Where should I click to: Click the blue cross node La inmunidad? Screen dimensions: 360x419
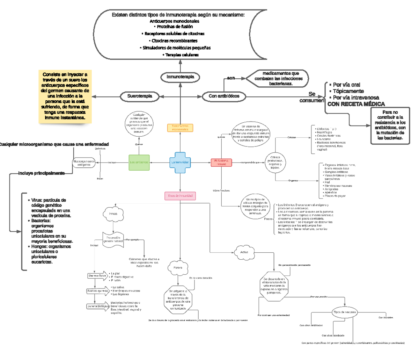(x=180, y=163)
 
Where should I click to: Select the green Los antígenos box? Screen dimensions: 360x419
(x=139, y=163)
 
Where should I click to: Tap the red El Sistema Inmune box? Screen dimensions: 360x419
(x=221, y=163)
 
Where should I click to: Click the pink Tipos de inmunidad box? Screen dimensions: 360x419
(x=180, y=196)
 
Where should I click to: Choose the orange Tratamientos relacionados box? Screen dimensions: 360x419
(x=180, y=128)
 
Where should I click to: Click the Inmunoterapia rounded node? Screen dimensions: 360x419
(x=180, y=77)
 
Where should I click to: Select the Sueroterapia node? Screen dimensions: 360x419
(x=140, y=96)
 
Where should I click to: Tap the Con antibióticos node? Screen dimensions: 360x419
(x=224, y=96)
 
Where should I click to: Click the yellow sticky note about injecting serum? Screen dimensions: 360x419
(x=65, y=96)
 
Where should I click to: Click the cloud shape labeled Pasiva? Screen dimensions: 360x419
(x=178, y=268)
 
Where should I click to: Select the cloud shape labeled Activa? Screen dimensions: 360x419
(x=244, y=252)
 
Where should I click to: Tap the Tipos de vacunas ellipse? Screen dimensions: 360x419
(x=345, y=312)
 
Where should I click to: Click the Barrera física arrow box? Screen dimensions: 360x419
(x=97, y=276)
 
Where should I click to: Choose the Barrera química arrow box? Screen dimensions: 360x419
(x=97, y=291)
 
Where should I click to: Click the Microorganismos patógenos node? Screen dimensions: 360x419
(x=84, y=163)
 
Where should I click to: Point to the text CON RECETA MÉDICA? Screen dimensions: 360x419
(x=356, y=104)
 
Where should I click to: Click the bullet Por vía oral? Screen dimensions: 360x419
(x=346, y=85)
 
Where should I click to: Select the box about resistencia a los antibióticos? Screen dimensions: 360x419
(x=390, y=125)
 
